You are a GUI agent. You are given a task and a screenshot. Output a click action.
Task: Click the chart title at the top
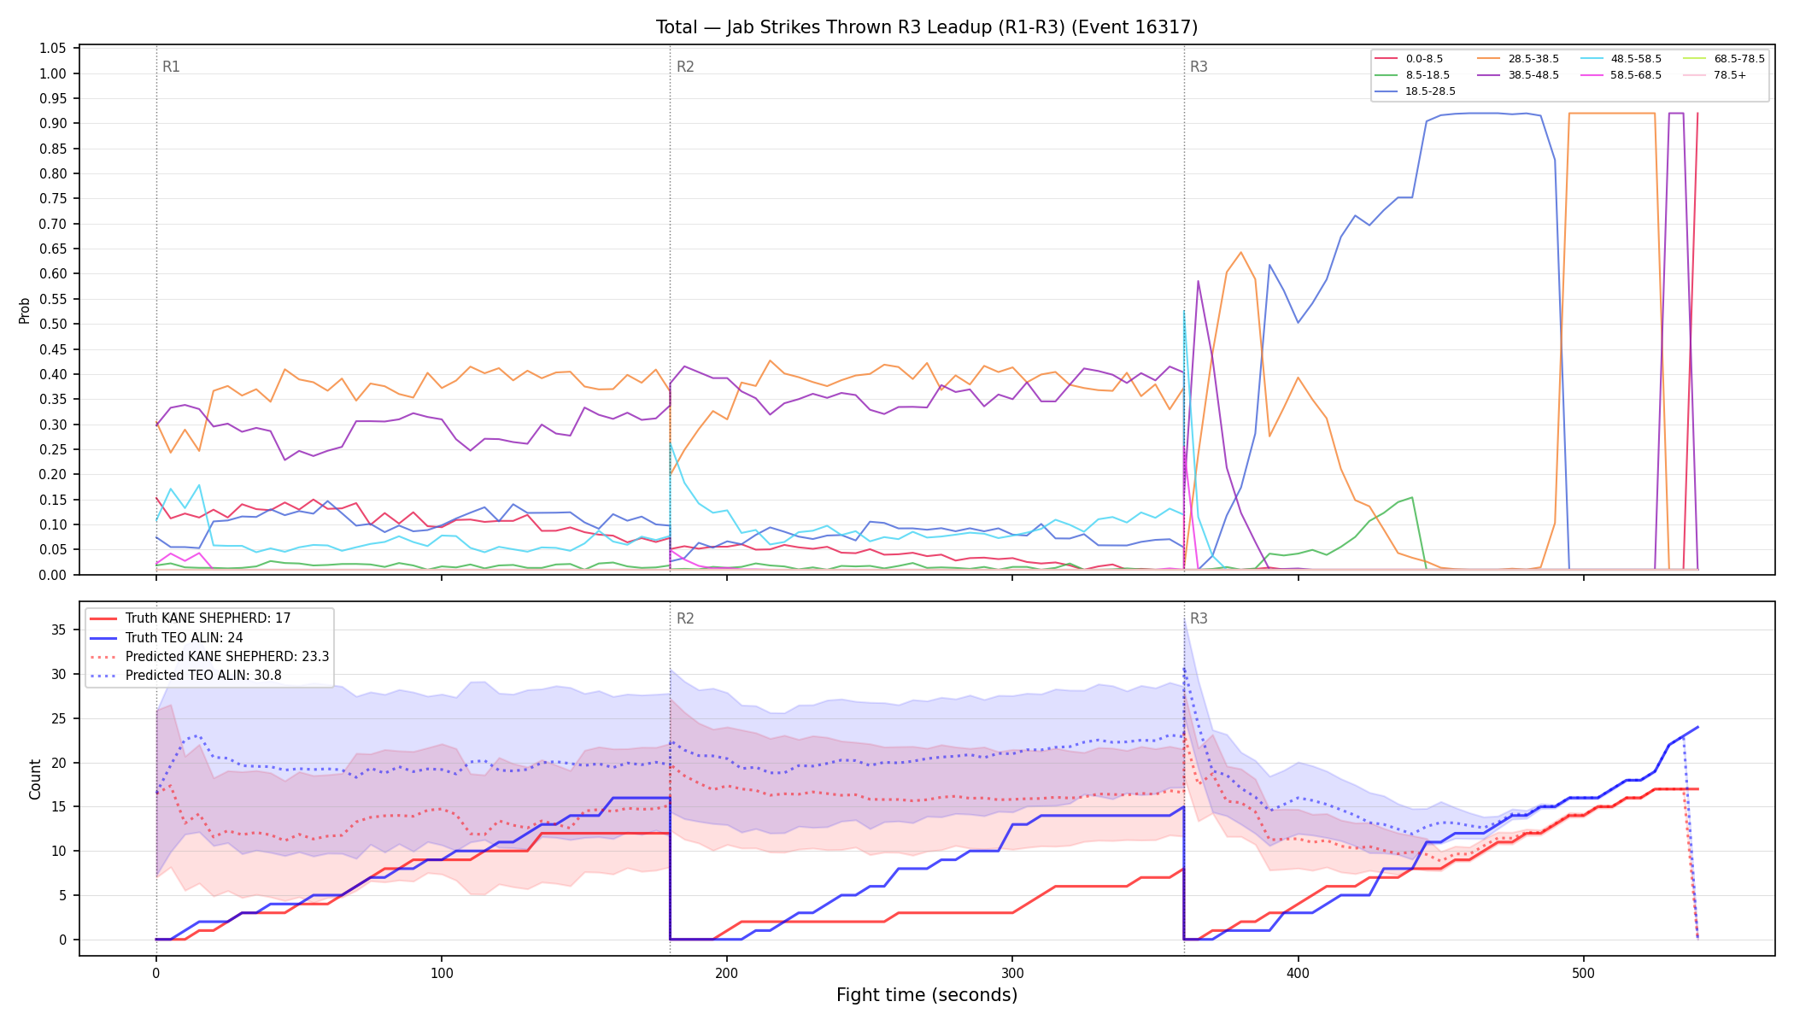[927, 27]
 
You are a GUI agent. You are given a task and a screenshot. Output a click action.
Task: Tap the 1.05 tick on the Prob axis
[53, 49]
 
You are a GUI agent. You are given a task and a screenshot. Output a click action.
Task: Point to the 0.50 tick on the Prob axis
[53, 324]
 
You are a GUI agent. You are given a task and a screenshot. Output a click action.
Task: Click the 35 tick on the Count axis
[58, 630]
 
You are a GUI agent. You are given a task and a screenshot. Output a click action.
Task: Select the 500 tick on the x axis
[1583, 974]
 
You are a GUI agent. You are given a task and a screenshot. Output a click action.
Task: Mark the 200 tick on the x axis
[727, 974]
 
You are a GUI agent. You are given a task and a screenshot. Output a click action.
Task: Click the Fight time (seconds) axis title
[927, 995]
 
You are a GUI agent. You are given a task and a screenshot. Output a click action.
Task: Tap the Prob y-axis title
[25, 310]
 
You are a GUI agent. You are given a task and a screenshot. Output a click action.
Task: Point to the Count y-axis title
[35, 779]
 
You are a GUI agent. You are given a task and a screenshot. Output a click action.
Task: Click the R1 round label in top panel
[171, 67]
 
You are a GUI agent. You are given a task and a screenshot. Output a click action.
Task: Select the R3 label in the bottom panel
[1199, 618]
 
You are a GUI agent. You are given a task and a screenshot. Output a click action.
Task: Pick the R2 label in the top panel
[685, 67]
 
